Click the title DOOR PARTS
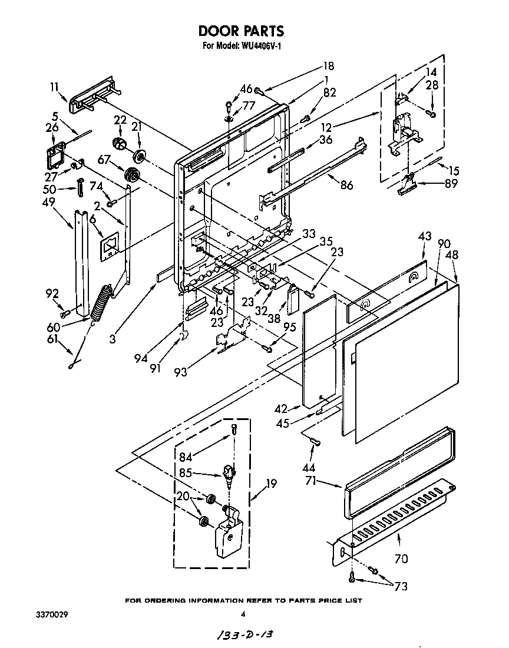point(240,31)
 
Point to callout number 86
point(346,185)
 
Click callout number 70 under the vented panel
point(401,558)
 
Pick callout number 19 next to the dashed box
point(271,484)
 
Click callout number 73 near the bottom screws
point(401,586)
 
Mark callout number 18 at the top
point(328,66)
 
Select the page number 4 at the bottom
point(243,614)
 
